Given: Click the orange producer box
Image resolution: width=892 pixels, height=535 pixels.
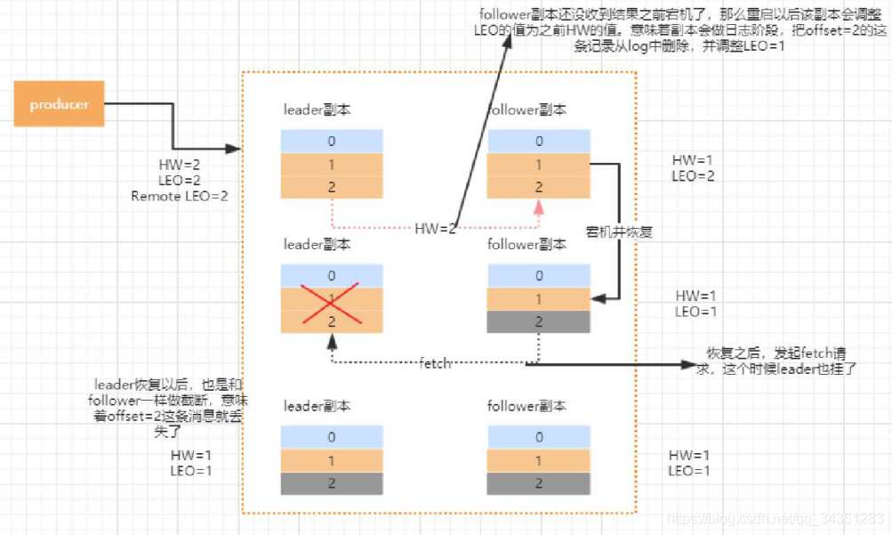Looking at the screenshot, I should (x=59, y=104).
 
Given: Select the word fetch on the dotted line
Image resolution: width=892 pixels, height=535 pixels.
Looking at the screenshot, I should (x=436, y=363).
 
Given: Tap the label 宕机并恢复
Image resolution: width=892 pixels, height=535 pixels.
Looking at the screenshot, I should (x=620, y=232).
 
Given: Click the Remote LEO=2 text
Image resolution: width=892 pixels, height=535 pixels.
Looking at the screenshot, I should (x=179, y=196).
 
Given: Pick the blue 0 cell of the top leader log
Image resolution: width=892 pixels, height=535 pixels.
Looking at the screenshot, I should (x=332, y=141).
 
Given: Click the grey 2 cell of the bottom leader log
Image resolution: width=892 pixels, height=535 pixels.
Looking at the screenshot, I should (x=332, y=483).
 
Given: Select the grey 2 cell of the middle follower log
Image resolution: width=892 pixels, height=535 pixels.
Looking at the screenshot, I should (x=538, y=321).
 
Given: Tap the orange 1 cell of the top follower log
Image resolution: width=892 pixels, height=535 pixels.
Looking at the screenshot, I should (x=538, y=165).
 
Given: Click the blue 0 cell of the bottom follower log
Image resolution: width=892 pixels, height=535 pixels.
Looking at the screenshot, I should (x=538, y=437).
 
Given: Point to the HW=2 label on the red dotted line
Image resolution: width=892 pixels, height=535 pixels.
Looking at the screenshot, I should (x=436, y=229).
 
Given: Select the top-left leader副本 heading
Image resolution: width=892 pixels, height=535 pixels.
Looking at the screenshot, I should (x=317, y=110).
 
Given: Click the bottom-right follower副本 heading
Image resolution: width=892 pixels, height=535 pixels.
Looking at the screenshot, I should (x=526, y=406).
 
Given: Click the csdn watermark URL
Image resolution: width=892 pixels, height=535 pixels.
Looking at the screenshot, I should (x=774, y=518).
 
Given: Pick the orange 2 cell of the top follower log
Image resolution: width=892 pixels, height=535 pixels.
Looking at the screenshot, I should (x=538, y=188).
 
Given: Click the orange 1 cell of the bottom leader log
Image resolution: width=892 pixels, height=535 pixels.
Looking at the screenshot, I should (x=332, y=460).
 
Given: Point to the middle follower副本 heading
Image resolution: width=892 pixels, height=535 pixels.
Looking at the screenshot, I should (x=526, y=244).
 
